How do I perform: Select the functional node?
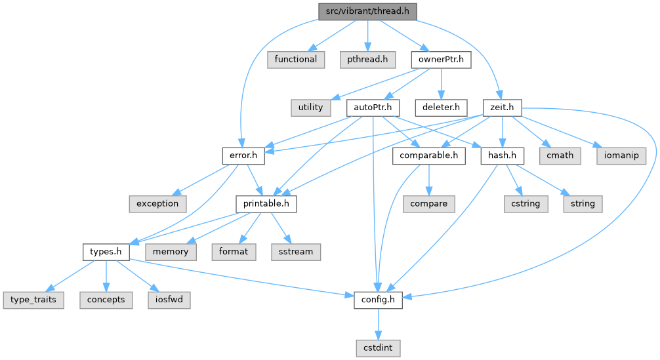click(x=295, y=59)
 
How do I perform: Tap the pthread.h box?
click(x=367, y=59)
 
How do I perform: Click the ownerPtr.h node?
click(x=442, y=59)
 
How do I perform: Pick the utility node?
click(x=310, y=107)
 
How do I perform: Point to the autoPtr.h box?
click(x=373, y=107)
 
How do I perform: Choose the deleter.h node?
click(x=440, y=107)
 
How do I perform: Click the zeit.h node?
click(x=501, y=107)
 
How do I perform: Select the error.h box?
click(x=243, y=155)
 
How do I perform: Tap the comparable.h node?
click(x=429, y=155)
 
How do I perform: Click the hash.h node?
click(x=503, y=155)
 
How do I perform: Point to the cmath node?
click(x=560, y=155)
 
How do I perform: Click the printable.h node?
click(x=266, y=203)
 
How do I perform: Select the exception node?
click(x=157, y=203)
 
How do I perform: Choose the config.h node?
click(x=377, y=300)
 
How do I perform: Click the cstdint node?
click(x=377, y=348)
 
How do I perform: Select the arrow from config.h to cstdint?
click(x=377, y=323)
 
